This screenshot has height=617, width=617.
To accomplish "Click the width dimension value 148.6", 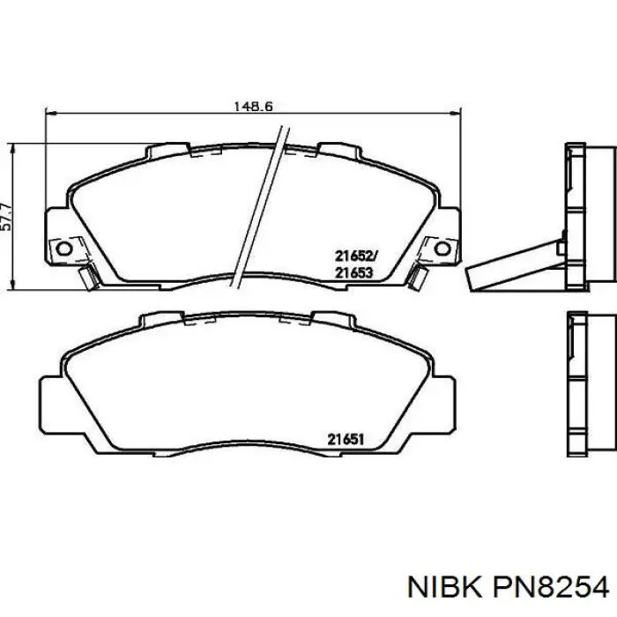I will tap(254, 106).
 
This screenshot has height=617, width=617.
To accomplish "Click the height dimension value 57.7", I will tap(7, 215).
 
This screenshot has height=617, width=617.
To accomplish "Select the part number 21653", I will tap(355, 272).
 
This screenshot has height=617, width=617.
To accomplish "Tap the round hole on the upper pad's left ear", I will tap(63, 249).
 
